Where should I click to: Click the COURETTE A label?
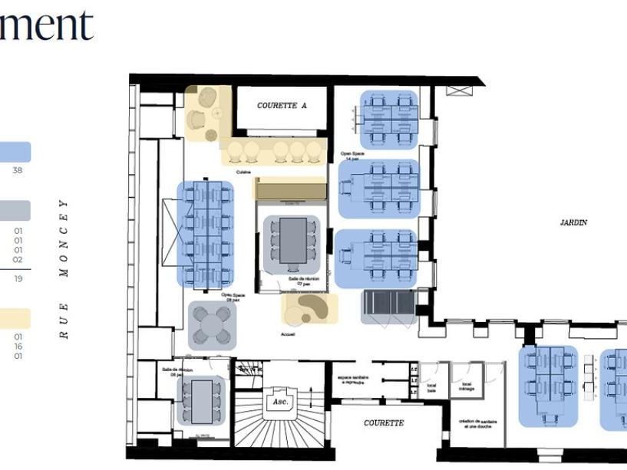pyautogui.click(x=282, y=106)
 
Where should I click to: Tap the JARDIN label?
pyautogui.click(x=573, y=222)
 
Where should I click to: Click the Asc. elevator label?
pyautogui.click(x=279, y=401)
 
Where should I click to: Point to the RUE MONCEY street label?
pyautogui.click(x=64, y=268)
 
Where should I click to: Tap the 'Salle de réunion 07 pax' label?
pyautogui.click(x=299, y=281)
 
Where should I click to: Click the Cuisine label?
pyautogui.click(x=244, y=172)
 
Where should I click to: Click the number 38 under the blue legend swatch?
pyautogui.click(x=17, y=171)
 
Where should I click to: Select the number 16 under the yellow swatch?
pyautogui.click(x=17, y=347)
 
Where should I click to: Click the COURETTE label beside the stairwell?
pyautogui.click(x=384, y=422)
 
